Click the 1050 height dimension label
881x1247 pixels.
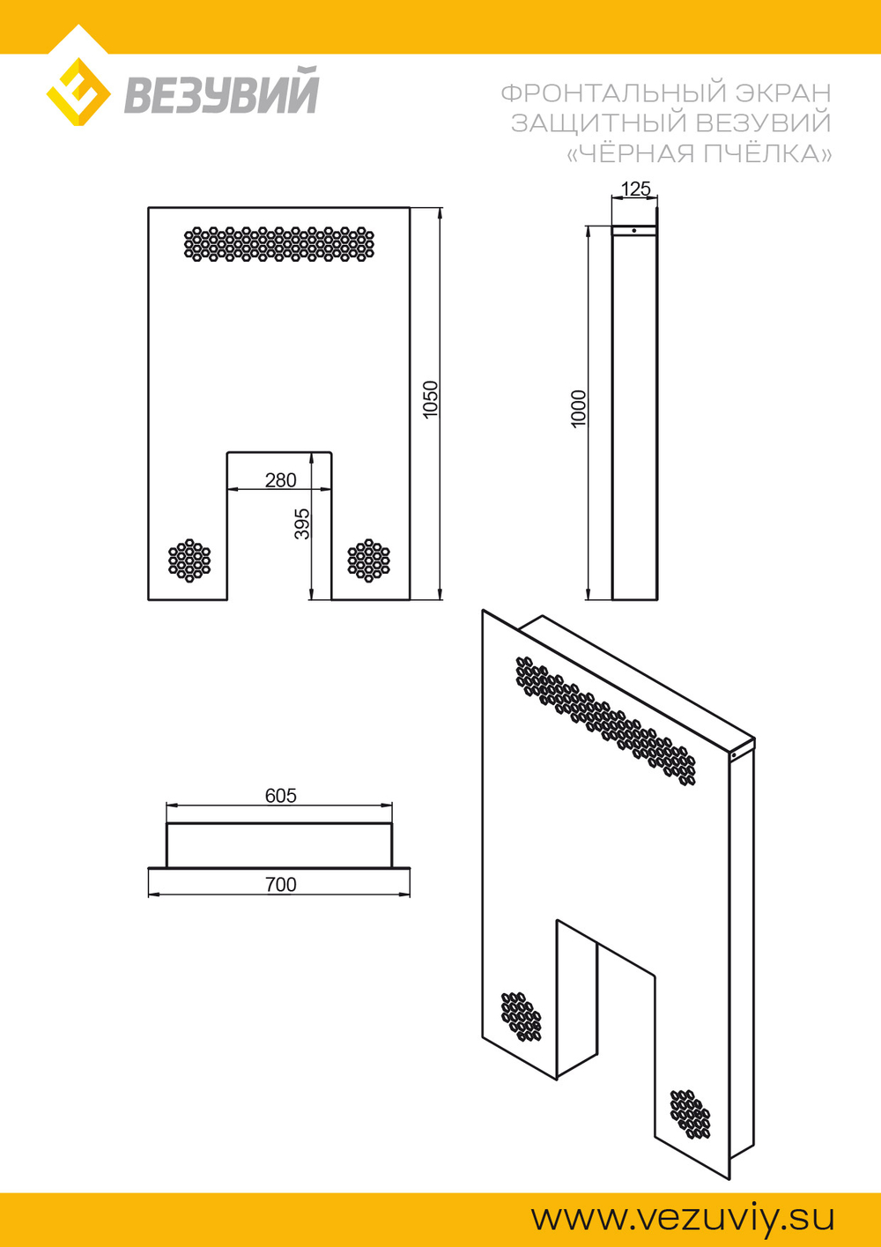431,399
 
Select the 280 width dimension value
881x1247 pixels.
280,480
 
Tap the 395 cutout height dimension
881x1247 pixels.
301,523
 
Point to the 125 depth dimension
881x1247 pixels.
635,189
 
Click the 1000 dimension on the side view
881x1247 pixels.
579,409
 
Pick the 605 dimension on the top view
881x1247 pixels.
280,796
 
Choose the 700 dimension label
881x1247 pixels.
280,885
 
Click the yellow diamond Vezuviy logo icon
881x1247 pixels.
78,92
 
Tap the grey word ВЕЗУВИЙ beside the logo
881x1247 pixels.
221,91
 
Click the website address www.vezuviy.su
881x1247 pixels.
683,1219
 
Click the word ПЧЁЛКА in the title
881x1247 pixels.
766,153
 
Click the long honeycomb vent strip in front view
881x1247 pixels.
279,244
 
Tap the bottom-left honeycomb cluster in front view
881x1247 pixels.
189,560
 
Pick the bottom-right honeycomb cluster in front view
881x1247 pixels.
368,560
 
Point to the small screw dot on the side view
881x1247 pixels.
634,230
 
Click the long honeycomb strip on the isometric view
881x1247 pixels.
605,721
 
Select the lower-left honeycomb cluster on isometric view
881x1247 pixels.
521,1016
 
